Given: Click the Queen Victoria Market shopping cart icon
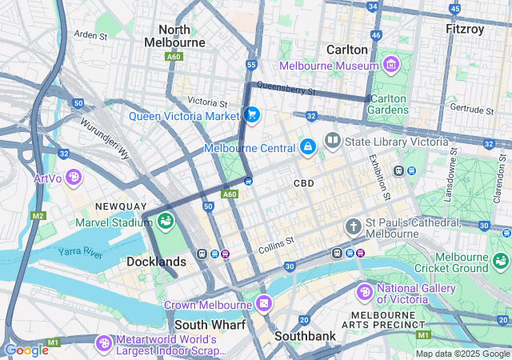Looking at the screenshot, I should [252, 115].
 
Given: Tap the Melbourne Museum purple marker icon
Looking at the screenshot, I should [390, 64].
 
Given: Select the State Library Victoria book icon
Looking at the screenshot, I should [332, 142].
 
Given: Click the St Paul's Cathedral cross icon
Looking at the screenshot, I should [353, 227].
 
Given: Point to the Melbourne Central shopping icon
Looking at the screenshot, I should [307, 147].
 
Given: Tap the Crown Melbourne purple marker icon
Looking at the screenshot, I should [265, 305].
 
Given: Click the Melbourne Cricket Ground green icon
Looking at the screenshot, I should [501, 261].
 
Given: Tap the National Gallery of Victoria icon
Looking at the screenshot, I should [365, 293].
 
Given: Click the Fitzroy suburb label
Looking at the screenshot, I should [465, 29].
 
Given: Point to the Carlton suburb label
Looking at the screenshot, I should [347, 49].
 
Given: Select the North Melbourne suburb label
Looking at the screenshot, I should [174, 35].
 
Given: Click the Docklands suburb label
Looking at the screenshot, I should [156, 262].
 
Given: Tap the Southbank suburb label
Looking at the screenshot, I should [305, 336].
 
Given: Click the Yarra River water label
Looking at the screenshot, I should [80, 252].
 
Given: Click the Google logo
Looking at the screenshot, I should [26, 350].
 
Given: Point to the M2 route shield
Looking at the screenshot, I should [38, 216].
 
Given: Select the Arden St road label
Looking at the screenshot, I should [90, 35].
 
